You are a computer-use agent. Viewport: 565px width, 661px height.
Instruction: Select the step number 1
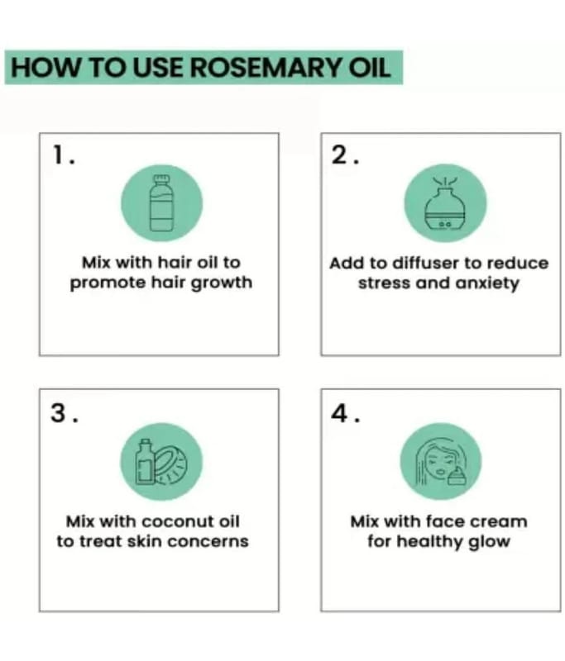click(x=64, y=155)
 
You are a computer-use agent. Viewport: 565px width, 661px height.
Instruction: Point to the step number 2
click(x=345, y=155)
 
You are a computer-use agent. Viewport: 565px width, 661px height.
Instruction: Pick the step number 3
click(x=64, y=412)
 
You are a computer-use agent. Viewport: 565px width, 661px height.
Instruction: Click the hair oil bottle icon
click(x=161, y=203)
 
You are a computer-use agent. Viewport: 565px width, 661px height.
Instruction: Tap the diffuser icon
click(x=445, y=202)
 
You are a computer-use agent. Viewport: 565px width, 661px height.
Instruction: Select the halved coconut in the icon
click(x=171, y=464)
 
